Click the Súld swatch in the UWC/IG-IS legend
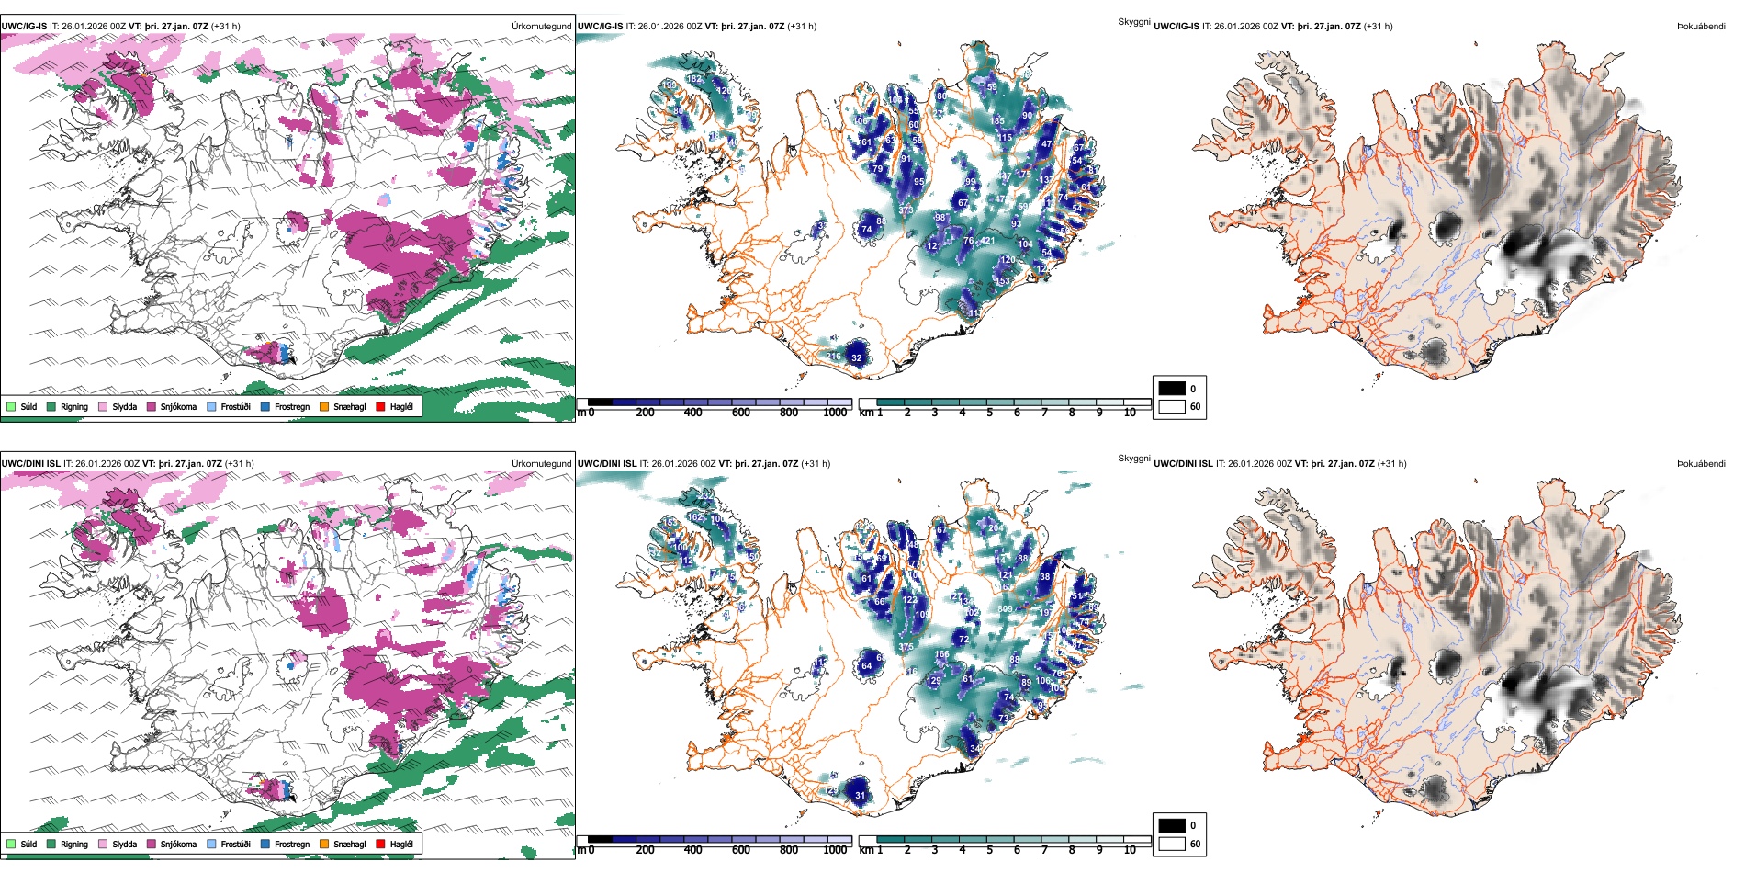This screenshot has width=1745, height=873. [11, 406]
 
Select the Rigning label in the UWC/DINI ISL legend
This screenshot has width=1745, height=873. [74, 844]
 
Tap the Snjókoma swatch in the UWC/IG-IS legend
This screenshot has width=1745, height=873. [151, 406]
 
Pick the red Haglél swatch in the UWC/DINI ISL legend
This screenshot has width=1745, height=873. [380, 844]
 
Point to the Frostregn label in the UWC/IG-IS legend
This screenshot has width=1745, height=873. [292, 406]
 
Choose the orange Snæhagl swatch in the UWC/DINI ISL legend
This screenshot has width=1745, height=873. [324, 844]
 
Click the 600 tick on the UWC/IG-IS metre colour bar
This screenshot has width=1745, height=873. [740, 413]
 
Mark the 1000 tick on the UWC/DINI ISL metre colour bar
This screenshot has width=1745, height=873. [835, 850]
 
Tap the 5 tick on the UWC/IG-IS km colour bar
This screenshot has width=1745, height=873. [989, 413]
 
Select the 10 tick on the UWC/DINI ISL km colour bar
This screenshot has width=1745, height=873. [1130, 850]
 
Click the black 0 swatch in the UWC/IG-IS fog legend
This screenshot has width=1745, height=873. [1172, 389]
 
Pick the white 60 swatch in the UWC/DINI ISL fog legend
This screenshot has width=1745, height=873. [1172, 844]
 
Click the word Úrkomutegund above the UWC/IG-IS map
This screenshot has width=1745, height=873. [541, 27]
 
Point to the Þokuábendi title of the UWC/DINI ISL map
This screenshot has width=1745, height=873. [1701, 464]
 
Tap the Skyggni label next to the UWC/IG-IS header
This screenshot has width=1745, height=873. [1133, 22]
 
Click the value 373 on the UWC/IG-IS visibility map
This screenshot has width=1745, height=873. [906, 210]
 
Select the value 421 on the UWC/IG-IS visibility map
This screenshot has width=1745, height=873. [987, 241]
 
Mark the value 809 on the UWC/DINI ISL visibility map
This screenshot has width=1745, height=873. [1006, 608]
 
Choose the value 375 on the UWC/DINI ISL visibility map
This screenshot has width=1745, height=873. [906, 647]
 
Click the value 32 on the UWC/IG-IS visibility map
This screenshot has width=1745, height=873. [856, 358]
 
